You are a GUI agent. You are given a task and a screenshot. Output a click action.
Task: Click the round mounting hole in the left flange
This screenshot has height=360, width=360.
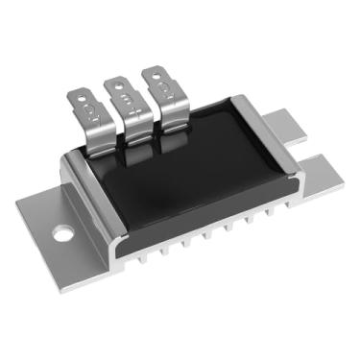(63, 232)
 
